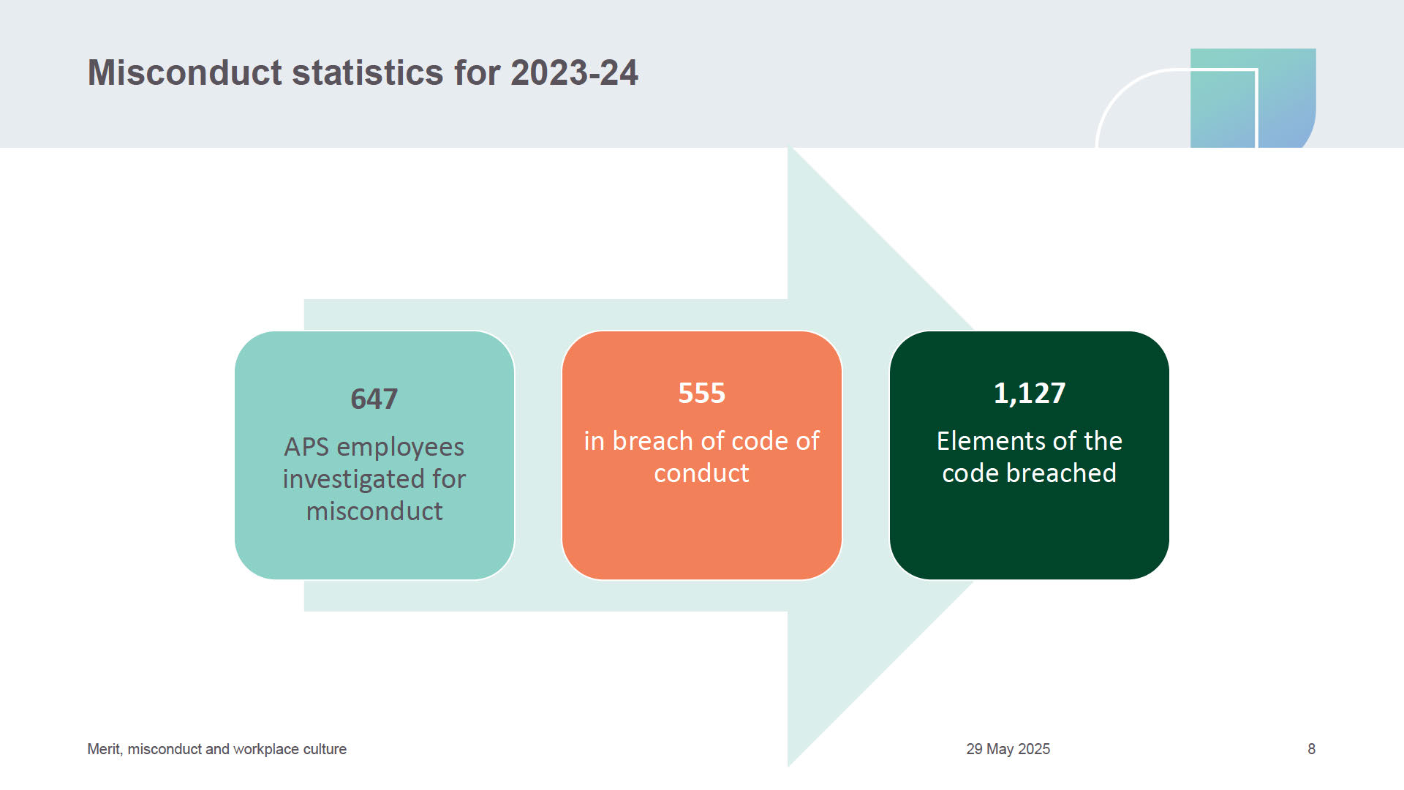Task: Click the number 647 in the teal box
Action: tap(374, 399)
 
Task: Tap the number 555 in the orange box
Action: tap(701, 394)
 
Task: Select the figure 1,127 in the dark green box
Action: tap(1029, 394)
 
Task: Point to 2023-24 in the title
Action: tap(574, 72)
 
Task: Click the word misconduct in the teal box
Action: tap(374, 511)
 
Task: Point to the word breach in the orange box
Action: tap(652, 441)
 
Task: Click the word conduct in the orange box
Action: tap(701, 473)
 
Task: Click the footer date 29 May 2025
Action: tap(1008, 749)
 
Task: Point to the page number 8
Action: tap(1312, 749)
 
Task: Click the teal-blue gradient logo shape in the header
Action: tap(1253, 98)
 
